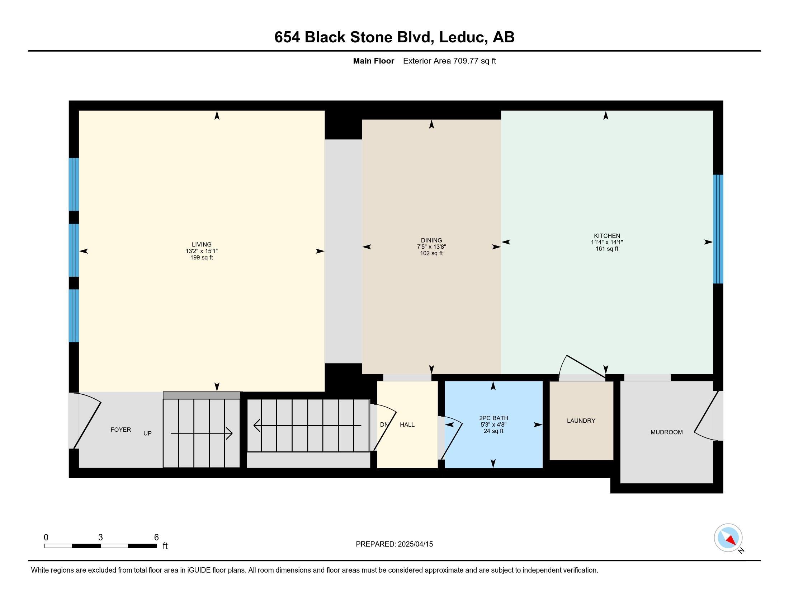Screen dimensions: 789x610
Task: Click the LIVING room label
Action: coord(202,245)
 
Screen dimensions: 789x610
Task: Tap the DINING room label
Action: coord(431,240)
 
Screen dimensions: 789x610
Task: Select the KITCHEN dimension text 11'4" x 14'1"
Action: coord(607,243)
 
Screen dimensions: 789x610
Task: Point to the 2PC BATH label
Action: coord(493,418)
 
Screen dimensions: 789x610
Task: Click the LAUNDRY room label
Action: coord(581,421)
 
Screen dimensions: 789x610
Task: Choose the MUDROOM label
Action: coord(667,432)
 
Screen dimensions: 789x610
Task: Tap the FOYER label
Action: coord(121,430)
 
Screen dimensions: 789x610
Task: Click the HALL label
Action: coord(407,425)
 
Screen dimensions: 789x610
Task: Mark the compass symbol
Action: coord(728,538)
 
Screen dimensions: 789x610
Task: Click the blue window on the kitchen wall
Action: coord(718,229)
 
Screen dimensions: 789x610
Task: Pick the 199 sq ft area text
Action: coord(202,258)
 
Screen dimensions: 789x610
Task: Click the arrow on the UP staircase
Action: coord(201,433)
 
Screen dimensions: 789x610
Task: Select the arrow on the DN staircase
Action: coord(307,425)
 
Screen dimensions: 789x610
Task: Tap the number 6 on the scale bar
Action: coord(156,538)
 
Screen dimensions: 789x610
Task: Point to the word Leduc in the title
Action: coord(462,37)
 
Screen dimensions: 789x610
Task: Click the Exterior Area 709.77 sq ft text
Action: coord(449,61)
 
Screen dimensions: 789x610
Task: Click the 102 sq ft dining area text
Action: coord(431,253)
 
